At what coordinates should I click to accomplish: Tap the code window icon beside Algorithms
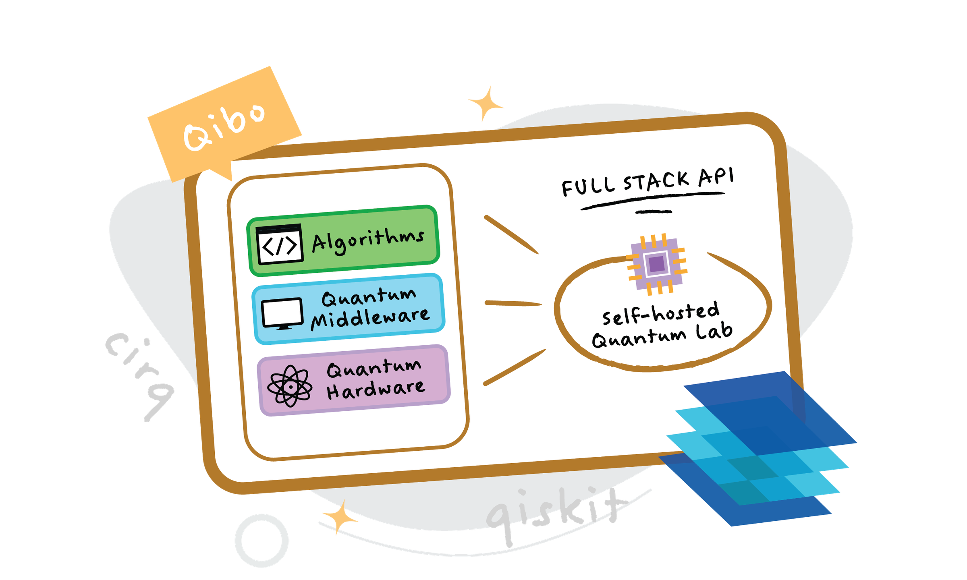tap(279, 244)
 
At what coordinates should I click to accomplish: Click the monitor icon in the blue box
tap(282, 314)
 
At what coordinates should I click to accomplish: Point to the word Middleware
tap(370, 318)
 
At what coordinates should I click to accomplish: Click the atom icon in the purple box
tap(290, 386)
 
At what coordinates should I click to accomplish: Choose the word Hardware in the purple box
tap(376, 389)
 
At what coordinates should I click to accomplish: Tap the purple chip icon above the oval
tap(657, 264)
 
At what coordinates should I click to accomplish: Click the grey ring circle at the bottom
tap(262, 540)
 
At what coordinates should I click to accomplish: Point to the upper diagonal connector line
tap(511, 235)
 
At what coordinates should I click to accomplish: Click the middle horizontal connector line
tap(513, 303)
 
